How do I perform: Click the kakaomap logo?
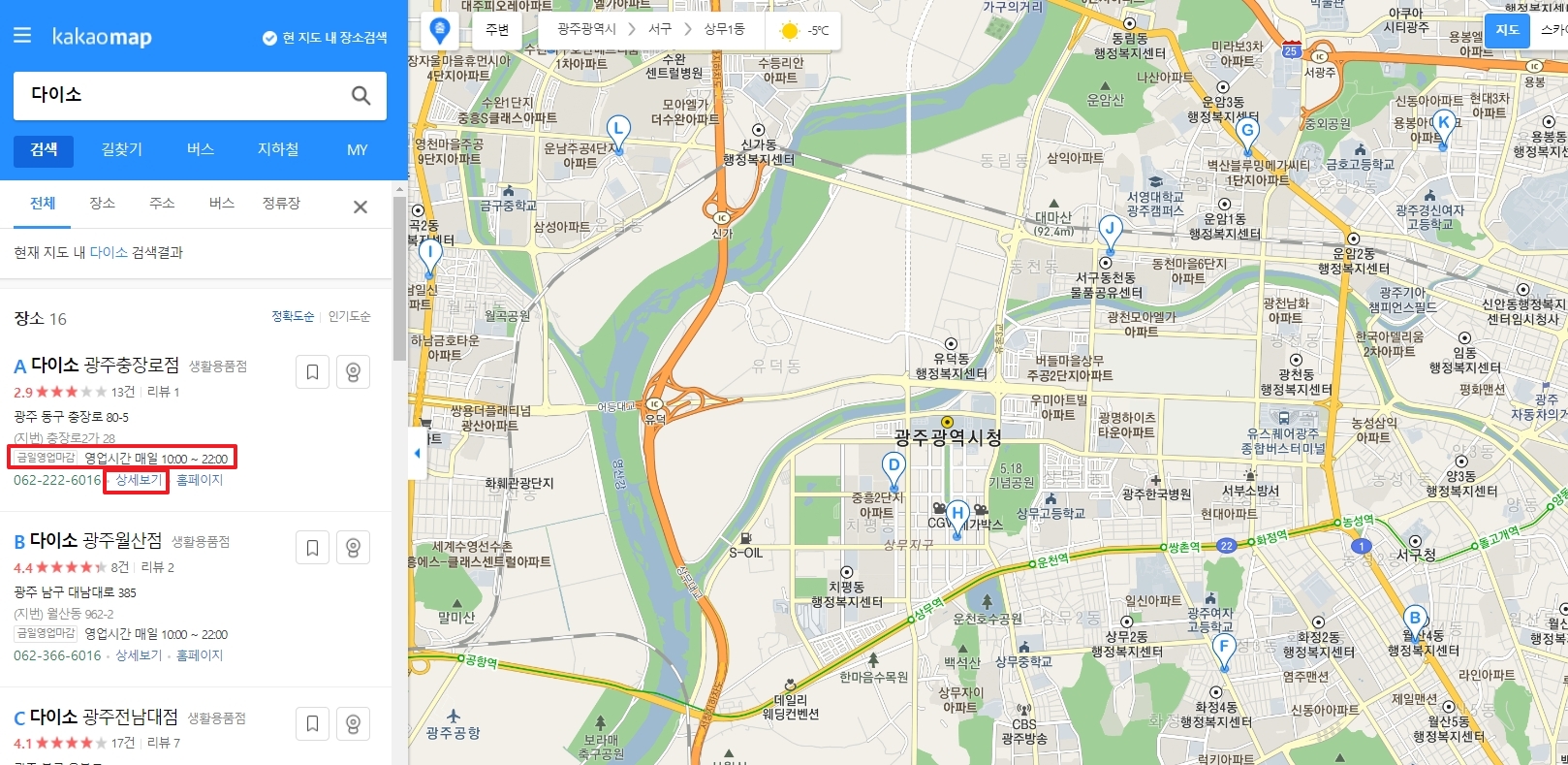102,38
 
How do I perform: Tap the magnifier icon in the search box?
361,95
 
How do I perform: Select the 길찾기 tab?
122,149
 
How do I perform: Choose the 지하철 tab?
278,149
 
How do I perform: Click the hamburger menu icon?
22,36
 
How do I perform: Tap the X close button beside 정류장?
361,207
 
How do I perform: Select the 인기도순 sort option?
349,317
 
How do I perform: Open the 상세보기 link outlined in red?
139,480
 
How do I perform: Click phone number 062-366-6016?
57,655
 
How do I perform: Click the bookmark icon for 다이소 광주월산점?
312,548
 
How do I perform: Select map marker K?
1444,123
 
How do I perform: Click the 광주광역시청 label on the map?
947,437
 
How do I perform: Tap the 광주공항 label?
453,733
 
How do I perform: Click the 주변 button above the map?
497,30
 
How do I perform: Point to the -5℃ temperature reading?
818,31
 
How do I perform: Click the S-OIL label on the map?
745,553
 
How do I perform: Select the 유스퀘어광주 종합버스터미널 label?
1285,440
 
